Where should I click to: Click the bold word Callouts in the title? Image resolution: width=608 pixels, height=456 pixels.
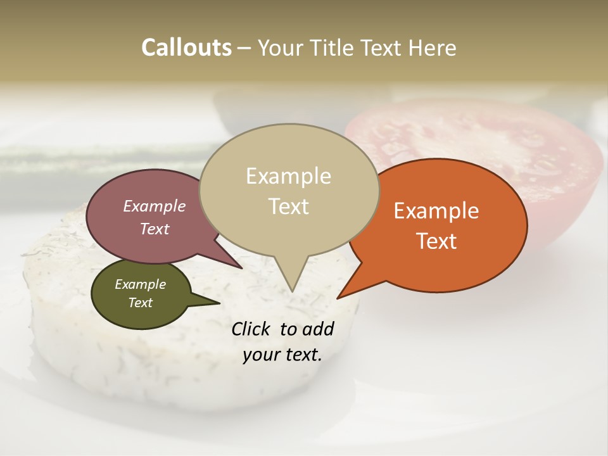(x=186, y=47)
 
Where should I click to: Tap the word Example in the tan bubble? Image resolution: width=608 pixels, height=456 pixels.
(x=288, y=176)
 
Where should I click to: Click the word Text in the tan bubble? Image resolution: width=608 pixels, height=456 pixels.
(x=288, y=206)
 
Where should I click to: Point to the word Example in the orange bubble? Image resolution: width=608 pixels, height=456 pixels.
(x=436, y=211)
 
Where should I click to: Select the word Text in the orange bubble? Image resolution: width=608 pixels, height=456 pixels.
(x=436, y=241)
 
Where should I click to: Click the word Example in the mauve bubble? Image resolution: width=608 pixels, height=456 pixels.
(x=154, y=206)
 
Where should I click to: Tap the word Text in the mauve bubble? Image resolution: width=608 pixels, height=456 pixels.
(x=154, y=229)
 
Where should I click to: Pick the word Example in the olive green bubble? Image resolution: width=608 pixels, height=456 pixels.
(x=140, y=284)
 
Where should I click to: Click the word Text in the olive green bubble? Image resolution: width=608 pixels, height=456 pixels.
(x=140, y=303)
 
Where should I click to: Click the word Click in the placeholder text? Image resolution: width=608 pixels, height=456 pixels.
(x=252, y=329)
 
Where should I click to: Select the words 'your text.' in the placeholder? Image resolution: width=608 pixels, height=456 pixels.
(x=282, y=355)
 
